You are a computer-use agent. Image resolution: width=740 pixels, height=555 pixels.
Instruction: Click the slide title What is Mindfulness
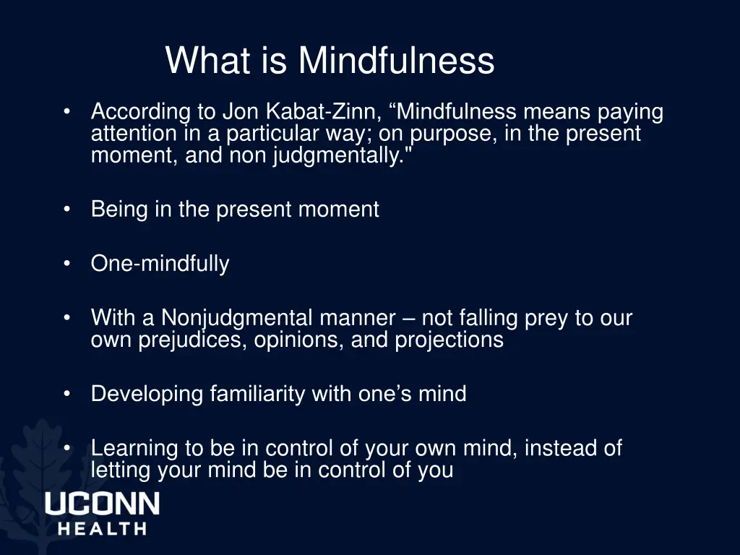click(330, 61)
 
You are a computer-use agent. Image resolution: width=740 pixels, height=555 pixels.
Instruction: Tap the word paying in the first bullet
click(629, 113)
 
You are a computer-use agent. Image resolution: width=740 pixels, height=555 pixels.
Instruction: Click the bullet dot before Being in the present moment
click(66, 210)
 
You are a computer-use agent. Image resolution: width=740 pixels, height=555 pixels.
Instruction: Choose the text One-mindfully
click(160, 264)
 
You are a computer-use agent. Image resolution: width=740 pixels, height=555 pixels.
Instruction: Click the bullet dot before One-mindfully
click(66, 264)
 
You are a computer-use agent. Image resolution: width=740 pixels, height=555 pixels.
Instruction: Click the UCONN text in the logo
click(102, 504)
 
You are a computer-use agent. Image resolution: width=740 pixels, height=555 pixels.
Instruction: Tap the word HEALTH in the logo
click(102, 528)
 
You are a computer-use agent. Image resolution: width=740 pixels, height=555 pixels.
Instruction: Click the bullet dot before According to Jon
click(66, 112)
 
